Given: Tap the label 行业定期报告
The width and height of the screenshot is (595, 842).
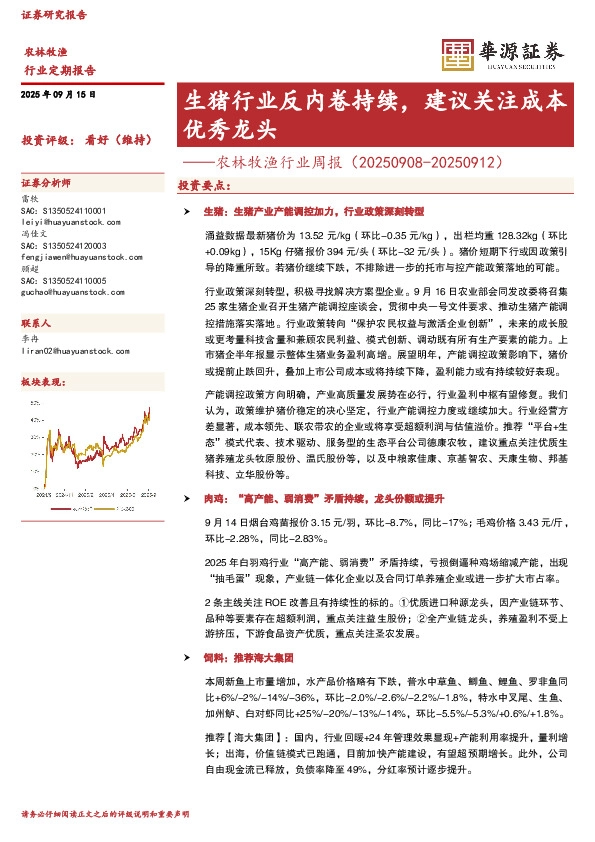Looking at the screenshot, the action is (59, 71).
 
